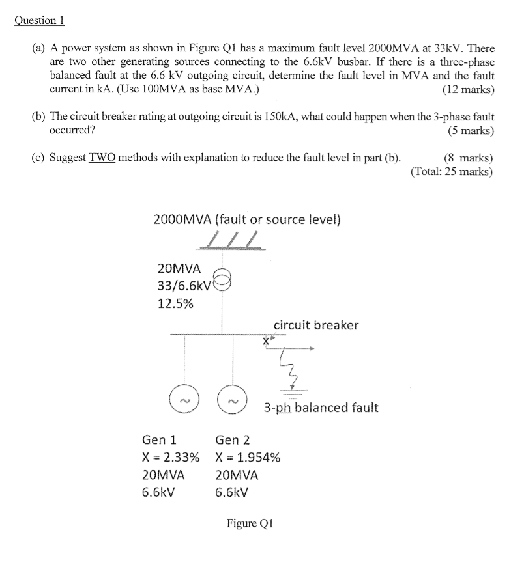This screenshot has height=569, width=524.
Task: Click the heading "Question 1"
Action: [x=40, y=20]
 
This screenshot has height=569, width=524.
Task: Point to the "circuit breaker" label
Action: [x=315, y=325]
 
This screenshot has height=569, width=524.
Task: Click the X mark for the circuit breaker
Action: [x=267, y=340]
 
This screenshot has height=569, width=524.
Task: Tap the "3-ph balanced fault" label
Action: [x=321, y=408]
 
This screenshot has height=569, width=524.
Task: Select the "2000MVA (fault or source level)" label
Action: [x=246, y=219]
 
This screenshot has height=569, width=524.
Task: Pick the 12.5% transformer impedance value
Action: [x=175, y=303]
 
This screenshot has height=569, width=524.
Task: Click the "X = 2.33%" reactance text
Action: [x=171, y=457]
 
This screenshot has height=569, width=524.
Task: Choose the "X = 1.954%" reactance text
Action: [x=248, y=457]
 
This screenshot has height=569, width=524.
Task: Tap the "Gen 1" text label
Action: [x=159, y=440]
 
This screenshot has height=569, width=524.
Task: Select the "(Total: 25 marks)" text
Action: [x=452, y=172]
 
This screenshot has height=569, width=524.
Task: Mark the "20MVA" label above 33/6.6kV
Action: [x=179, y=268]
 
